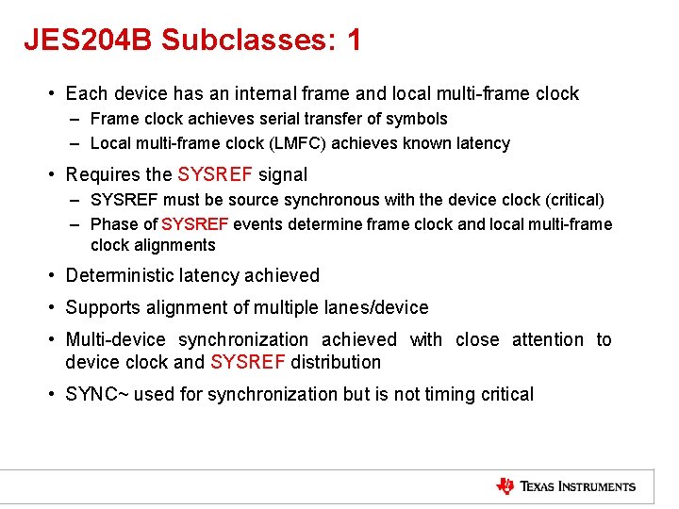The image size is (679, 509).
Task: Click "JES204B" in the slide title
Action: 88,40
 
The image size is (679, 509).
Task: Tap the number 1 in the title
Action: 354,40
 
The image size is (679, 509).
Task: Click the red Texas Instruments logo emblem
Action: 505,486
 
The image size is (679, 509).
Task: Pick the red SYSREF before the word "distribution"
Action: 248,362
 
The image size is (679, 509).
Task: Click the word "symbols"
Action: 419,119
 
